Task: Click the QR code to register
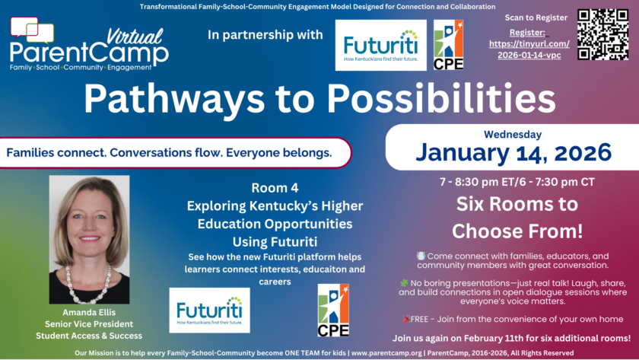pyautogui.click(x=602, y=35)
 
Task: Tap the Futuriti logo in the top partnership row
pyautogui.click(x=380, y=45)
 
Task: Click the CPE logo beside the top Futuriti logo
pyautogui.click(x=448, y=45)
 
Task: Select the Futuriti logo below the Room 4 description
pyautogui.click(x=209, y=311)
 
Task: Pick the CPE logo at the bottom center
pyautogui.click(x=333, y=311)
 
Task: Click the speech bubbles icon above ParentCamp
pyautogui.click(x=32, y=30)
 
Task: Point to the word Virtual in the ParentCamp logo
pyautogui.click(x=135, y=37)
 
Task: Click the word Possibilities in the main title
pyautogui.click(x=441, y=99)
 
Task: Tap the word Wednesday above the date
pyautogui.click(x=513, y=134)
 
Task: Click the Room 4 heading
pyautogui.click(x=275, y=188)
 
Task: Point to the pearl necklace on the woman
pyautogui.click(x=88, y=284)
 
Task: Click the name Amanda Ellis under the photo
pyautogui.click(x=89, y=312)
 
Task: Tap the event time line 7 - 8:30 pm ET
pyautogui.click(x=517, y=182)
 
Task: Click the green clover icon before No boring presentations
pyautogui.click(x=404, y=283)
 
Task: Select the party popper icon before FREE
pyautogui.click(x=406, y=319)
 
